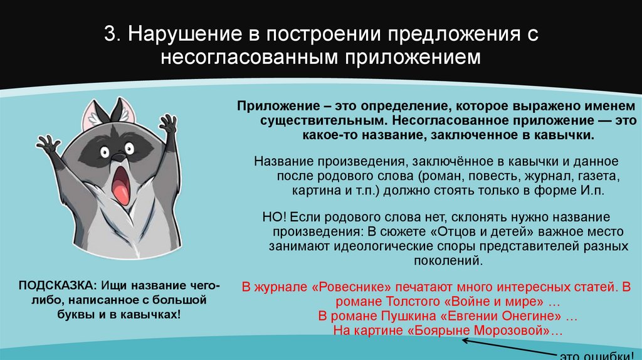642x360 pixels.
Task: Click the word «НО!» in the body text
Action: (275, 217)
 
